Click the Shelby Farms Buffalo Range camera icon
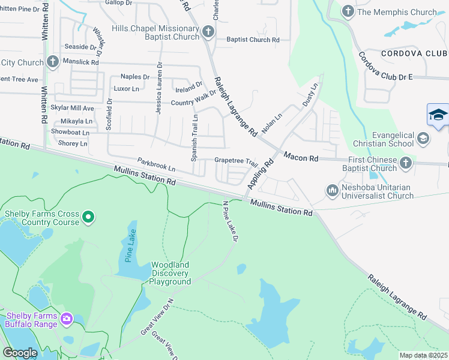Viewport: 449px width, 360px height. (67, 318)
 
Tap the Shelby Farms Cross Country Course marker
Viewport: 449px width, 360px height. (88, 216)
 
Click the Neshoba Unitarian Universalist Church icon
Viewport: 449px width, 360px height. (333, 190)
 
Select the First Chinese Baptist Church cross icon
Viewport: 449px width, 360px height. (406, 163)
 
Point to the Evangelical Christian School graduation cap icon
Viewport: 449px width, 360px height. (423, 139)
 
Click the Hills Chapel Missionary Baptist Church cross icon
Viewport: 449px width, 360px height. (208, 31)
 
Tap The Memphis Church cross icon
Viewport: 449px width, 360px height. (348, 11)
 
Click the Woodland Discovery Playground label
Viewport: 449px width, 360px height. (170, 273)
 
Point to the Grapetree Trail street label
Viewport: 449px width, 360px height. (236, 161)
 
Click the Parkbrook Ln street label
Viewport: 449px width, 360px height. (156, 163)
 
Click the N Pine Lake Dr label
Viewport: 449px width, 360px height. (231, 221)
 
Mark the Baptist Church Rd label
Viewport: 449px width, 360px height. (253, 40)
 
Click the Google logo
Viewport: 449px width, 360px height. (20, 353)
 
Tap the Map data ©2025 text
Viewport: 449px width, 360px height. (423, 355)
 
